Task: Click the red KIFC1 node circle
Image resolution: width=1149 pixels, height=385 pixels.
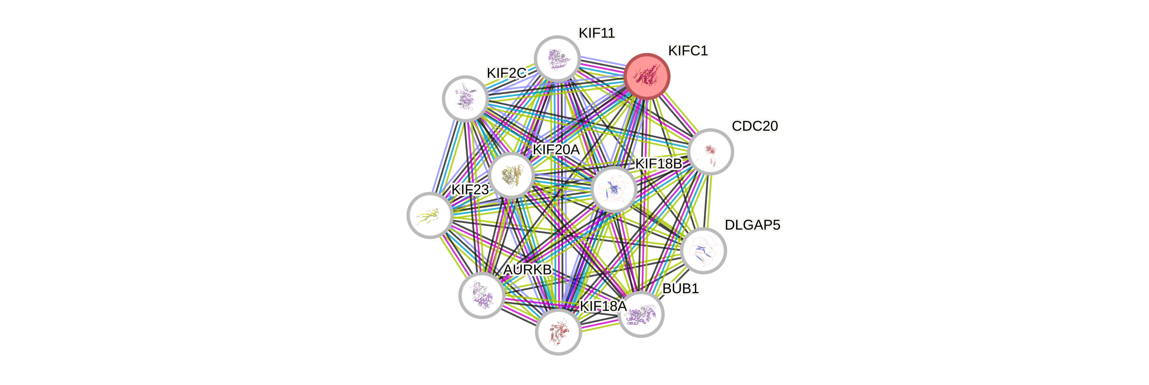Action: tap(647, 76)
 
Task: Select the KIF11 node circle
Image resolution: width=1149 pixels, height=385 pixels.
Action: tap(557, 58)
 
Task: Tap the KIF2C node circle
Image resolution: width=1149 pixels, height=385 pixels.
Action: tap(465, 99)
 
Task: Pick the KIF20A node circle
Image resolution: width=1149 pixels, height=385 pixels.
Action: tap(511, 175)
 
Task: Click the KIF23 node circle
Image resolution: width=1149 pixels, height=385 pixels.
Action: tap(430, 215)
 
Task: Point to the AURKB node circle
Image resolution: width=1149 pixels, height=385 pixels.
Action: tap(482, 295)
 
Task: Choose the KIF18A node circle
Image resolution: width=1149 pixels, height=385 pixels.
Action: tap(558, 332)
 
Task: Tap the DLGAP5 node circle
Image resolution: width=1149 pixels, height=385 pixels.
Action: tap(704, 250)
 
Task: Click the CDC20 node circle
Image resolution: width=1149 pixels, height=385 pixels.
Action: tap(711, 152)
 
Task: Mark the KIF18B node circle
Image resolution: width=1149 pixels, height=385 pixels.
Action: tap(614, 189)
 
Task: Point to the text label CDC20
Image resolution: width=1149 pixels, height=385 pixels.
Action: tap(755, 126)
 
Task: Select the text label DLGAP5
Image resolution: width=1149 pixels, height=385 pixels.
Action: tap(752, 225)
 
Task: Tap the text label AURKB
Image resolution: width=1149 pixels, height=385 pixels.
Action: tap(527, 269)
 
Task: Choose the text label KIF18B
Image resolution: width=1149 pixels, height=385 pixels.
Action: tap(658, 164)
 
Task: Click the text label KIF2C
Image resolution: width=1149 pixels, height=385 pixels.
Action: tap(506, 73)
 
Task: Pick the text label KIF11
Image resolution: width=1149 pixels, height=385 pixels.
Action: tap(596, 33)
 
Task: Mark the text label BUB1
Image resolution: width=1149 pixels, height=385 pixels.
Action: tap(680, 289)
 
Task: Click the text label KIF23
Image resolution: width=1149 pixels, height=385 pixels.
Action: tap(470, 189)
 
